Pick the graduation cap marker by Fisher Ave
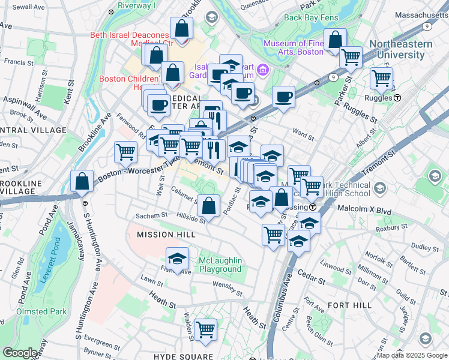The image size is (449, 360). (176, 259)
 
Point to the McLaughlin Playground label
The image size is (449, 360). (221, 265)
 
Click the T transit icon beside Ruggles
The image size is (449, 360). (397, 97)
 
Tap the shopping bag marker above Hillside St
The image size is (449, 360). (208, 206)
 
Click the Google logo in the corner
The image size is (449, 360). (20, 353)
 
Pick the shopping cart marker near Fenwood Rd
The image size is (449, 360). (125, 152)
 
